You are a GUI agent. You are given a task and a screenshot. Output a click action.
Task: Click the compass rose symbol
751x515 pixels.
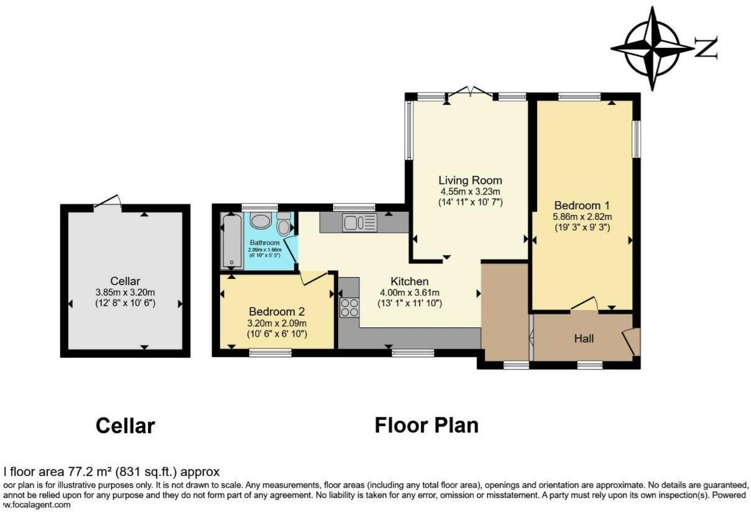652,48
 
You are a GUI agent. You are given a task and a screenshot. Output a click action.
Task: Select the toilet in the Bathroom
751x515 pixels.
284,224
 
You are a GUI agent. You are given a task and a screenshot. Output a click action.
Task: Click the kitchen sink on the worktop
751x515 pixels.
359,221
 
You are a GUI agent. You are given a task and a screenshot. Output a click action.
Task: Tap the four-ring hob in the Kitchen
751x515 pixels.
349,308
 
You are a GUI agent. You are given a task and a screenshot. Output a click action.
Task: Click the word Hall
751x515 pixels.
584,339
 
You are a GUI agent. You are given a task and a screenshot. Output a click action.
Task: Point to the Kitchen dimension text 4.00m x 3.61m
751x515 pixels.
410,293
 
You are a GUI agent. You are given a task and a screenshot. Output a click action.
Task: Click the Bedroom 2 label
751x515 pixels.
277,311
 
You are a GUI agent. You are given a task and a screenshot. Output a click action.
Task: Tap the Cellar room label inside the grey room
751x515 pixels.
125,281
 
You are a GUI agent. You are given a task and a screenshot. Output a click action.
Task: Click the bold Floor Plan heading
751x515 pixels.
426,426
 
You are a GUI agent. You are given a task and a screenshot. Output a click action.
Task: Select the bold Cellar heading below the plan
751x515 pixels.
125,426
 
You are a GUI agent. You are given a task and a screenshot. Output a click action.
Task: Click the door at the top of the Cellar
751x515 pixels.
107,201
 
